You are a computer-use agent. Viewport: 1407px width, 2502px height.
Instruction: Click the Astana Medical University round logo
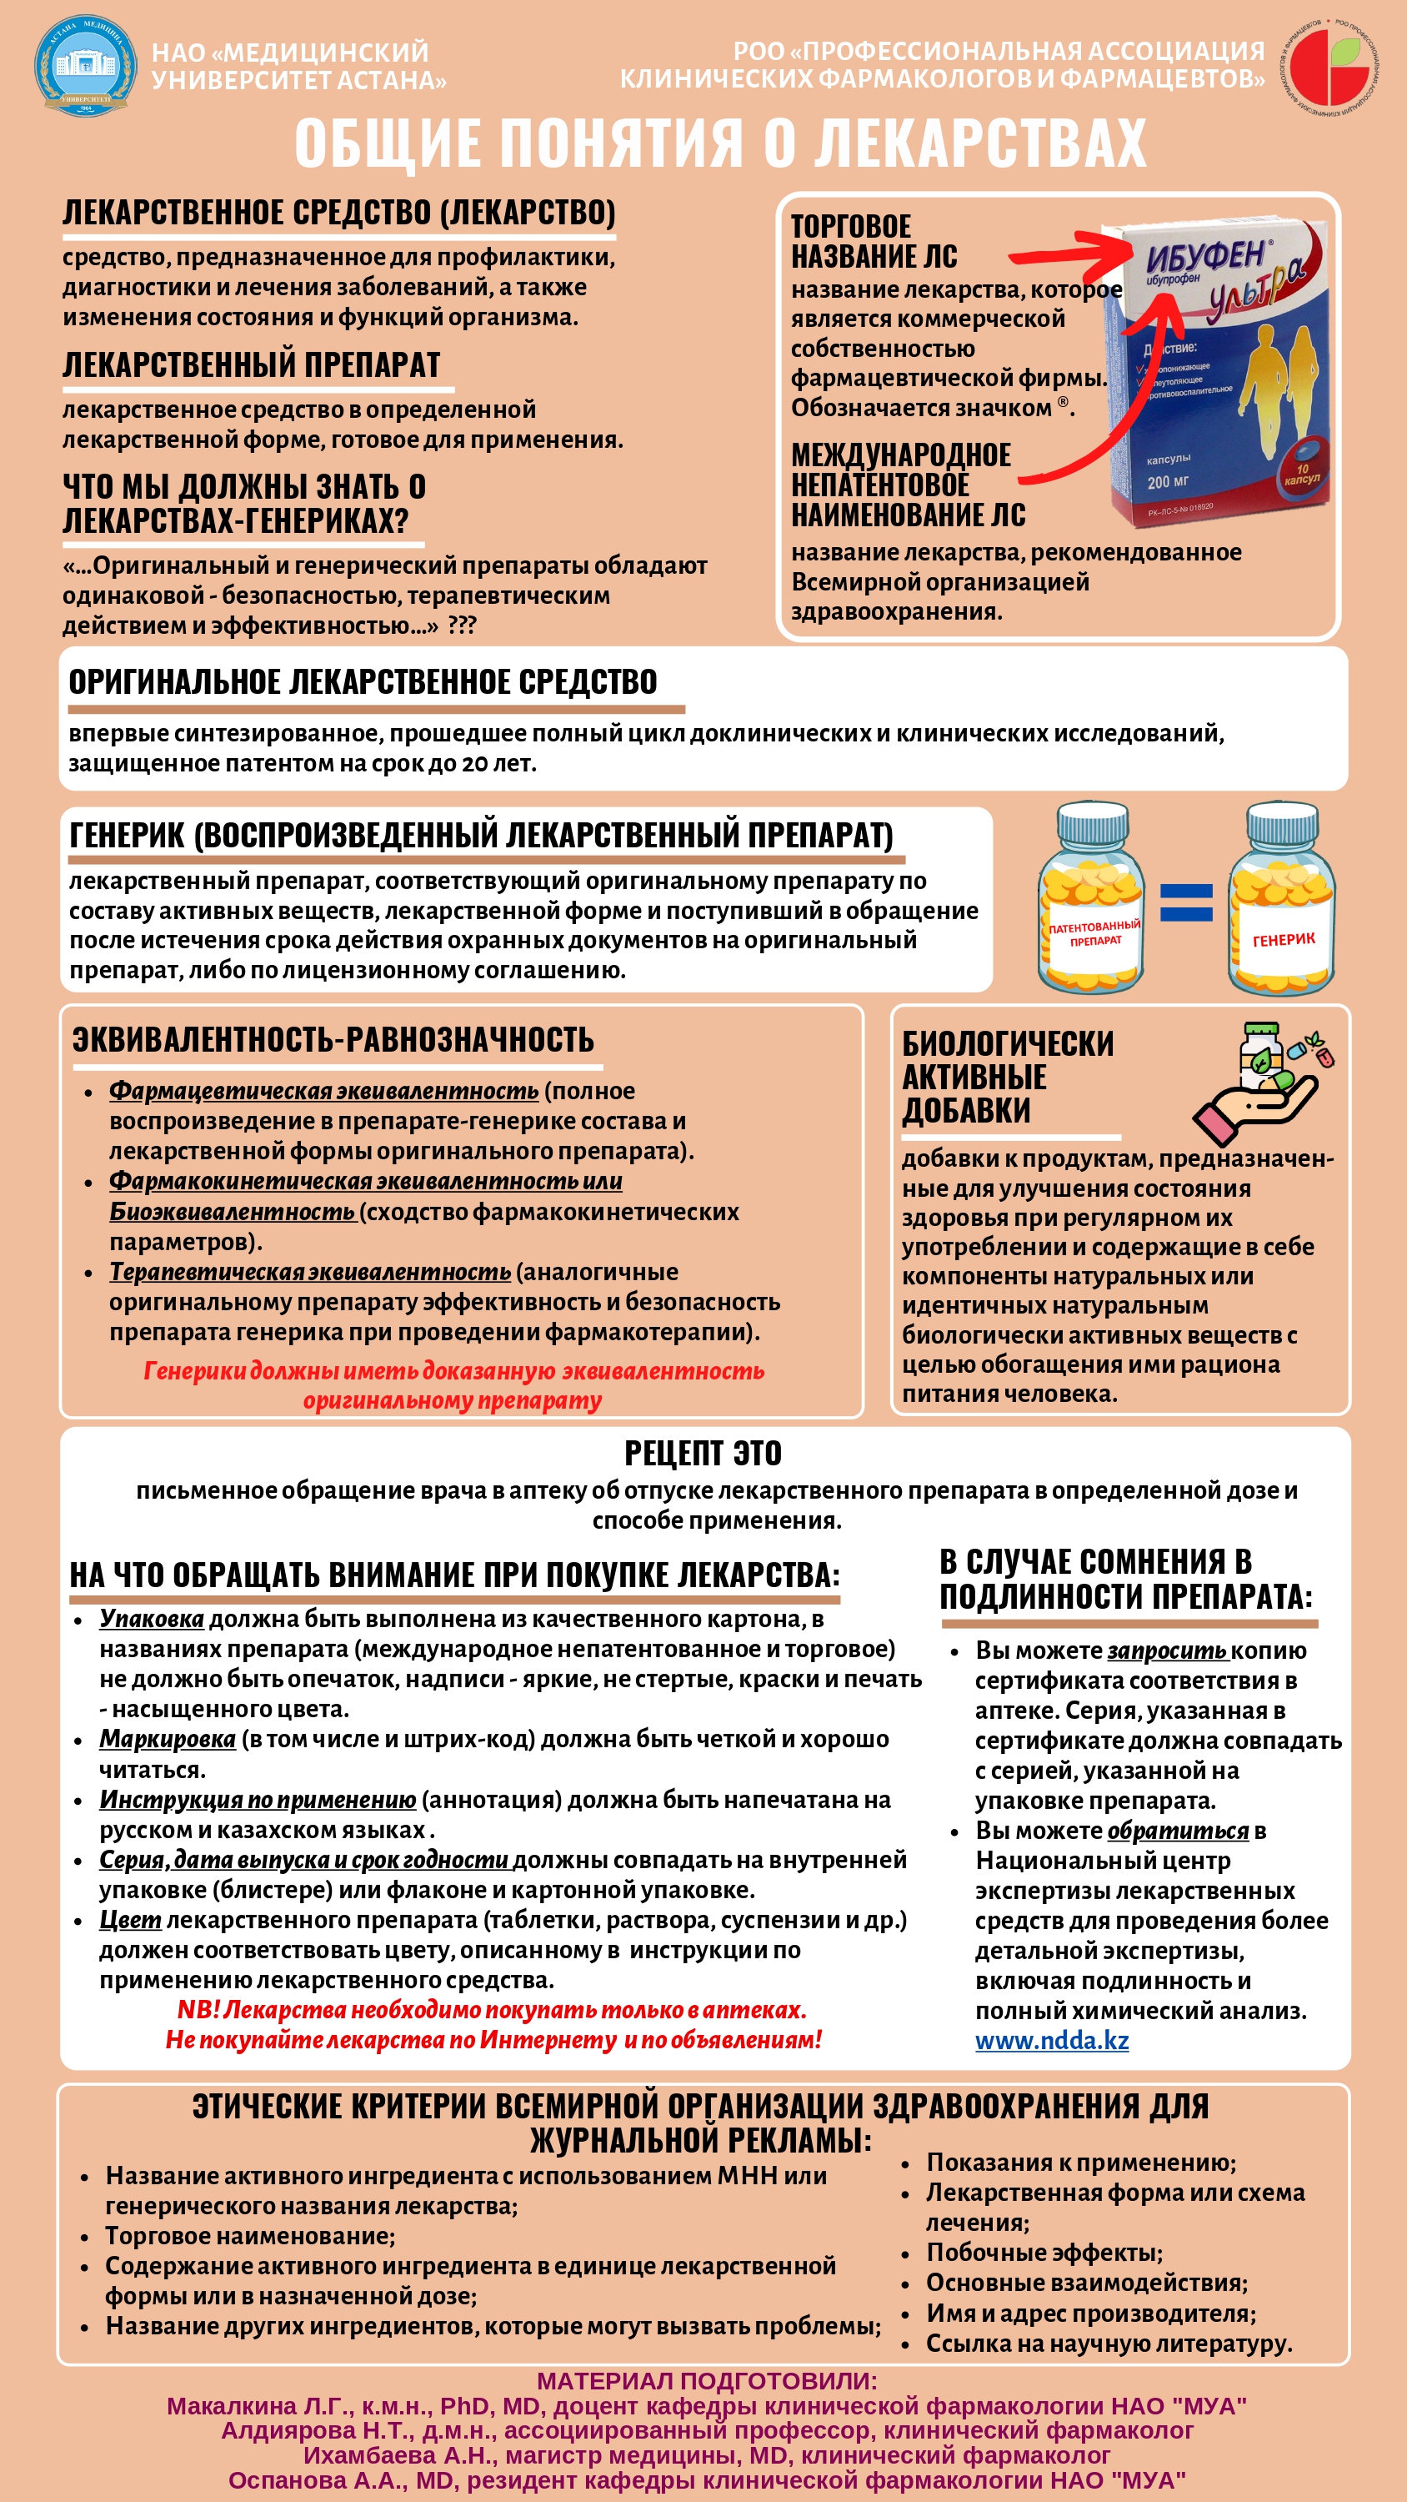coord(86,65)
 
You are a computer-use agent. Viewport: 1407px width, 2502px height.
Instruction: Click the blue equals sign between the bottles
coord(1185,902)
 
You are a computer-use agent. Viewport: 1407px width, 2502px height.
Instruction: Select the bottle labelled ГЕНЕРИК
coord(1282,897)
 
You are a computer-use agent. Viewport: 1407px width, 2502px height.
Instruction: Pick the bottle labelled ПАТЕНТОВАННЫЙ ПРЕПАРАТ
coord(1093,897)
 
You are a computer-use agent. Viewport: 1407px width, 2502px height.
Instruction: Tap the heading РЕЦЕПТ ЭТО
coord(703,1453)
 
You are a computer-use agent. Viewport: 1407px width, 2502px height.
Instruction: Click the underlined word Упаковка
coord(152,1619)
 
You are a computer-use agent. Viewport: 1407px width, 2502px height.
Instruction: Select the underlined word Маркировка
coord(167,1739)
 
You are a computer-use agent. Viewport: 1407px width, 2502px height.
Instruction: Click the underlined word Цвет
coord(130,1920)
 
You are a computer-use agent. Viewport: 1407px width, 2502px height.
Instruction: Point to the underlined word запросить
coord(1167,1650)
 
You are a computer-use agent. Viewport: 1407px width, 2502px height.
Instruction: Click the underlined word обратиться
coord(1178,1831)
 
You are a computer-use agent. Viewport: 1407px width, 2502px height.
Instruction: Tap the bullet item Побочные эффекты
coord(1044,2253)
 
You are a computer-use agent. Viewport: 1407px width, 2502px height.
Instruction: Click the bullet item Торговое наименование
coord(251,2236)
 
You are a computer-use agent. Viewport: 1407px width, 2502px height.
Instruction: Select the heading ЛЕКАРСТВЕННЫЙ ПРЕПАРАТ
coord(252,364)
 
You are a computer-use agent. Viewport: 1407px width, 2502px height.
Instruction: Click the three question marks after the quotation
coord(463,625)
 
